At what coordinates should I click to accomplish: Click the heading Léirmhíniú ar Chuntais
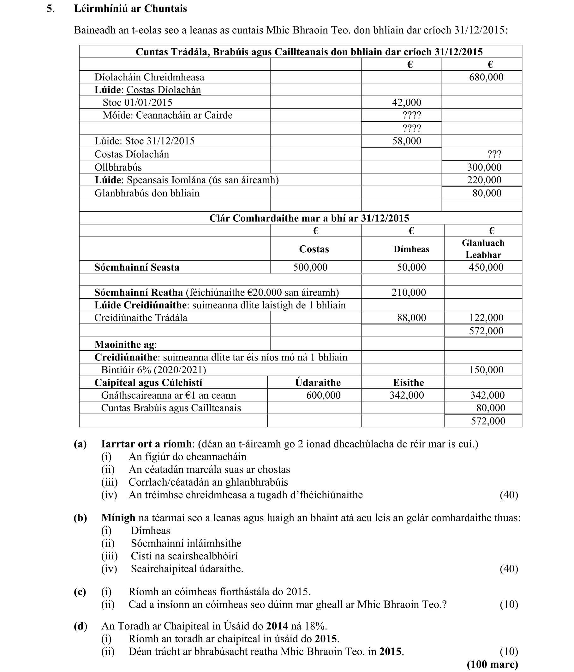(130, 9)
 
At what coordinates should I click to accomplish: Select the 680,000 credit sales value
(486, 77)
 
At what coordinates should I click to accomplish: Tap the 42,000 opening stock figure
(406, 102)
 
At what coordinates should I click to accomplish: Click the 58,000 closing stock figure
(406, 141)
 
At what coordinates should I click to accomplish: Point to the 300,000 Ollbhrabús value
(484, 167)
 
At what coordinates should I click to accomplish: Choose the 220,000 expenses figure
(484, 180)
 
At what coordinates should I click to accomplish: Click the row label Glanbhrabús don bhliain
(147, 193)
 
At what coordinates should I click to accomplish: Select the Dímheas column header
(411, 249)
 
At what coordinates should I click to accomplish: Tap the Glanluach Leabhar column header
(483, 249)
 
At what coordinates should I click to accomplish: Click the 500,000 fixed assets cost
(310, 267)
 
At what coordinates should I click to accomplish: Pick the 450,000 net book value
(486, 267)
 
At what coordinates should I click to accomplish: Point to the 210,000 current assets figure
(409, 293)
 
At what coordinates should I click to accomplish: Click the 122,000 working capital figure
(486, 318)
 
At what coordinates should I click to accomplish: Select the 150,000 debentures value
(486, 370)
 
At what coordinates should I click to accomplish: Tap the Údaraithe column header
(318, 383)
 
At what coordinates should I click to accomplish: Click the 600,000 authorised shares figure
(323, 395)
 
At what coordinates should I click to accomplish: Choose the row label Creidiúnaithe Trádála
(141, 318)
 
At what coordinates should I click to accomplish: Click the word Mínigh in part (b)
(118, 518)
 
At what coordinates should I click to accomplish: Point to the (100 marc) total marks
(492, 664)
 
